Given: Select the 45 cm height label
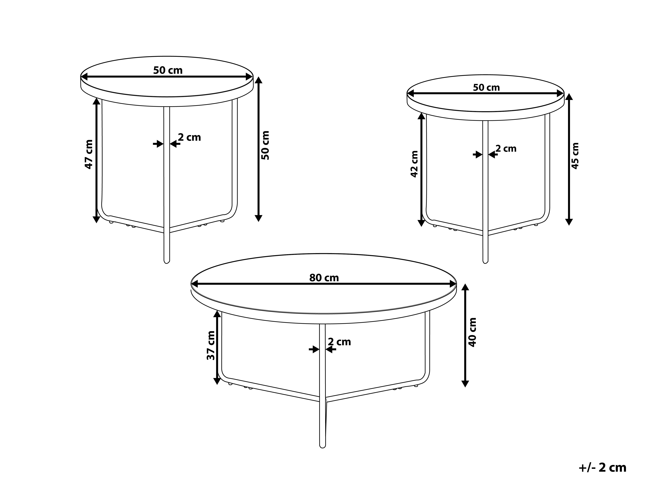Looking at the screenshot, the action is pos(575,156).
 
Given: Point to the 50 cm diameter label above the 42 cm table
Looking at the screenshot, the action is pos(486,87).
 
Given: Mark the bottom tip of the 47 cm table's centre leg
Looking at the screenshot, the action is pos(167,263).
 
